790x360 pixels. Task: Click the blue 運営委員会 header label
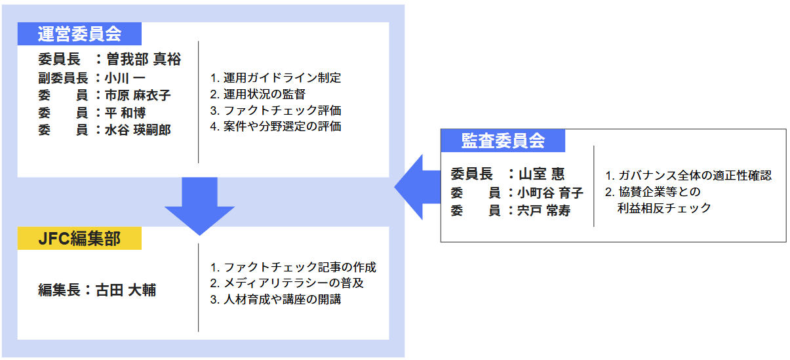click(79, 33)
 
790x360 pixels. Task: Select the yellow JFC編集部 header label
click(79, 239)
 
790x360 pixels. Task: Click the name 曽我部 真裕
click(144, 60)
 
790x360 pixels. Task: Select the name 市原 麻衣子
click(138, 96)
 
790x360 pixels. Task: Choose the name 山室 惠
click(542, 174)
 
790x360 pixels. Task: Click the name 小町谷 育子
click(550, 193)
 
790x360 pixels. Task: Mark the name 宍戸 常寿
click(543, 211)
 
